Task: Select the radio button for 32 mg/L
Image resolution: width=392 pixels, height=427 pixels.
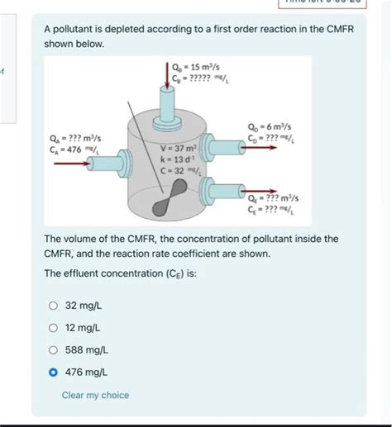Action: tap(54, 306)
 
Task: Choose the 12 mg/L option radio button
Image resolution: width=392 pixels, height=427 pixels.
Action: tap(54, 328)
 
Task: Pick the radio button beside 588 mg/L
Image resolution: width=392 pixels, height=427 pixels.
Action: tap(54, 350)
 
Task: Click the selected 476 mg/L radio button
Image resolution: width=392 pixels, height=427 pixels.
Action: tap(54, 372)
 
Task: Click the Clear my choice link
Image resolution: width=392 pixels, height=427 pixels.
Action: tap(95, 395)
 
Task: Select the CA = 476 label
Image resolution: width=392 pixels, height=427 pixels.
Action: tap(75, 150)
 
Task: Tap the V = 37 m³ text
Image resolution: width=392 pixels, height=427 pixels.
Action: tap(177, 148)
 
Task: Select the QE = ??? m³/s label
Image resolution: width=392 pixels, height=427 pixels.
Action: tap(273, 199)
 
